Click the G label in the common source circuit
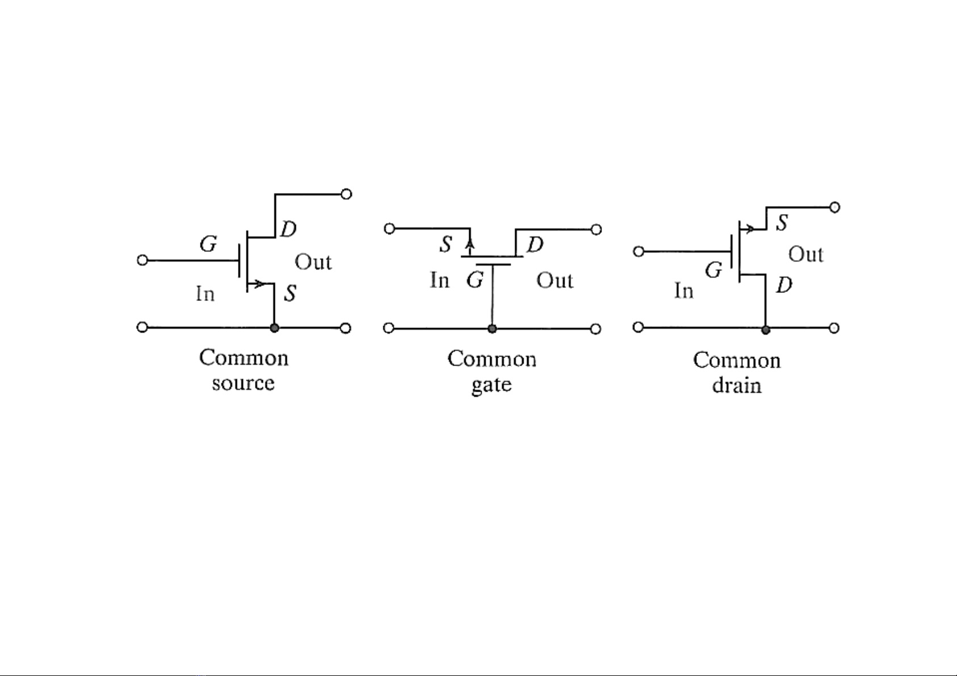click(x=208, y=244)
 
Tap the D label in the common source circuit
click(x=289, y=229)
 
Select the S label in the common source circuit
click(x=290, y=293)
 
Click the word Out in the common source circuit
click(x=313, y=262)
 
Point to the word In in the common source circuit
click(x=205, y=293)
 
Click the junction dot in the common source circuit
click(x=274, y=328)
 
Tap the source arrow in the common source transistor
click(x=259, y=283)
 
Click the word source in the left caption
click(x=243, y=383)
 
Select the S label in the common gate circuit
click(x=446, y=245)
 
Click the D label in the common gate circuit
click(x=535, y=245)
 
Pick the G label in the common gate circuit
click(x=475, y=280)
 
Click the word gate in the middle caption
click(x=492, y=385)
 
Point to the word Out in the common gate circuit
click(x=555, y=280)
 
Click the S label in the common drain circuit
click(x=782, y=223)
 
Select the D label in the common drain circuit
click(x=784, y=285)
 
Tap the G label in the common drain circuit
click(x=713, y=270)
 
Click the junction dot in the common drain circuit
click(x=766, y=330)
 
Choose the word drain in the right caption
click(x=737, y=385)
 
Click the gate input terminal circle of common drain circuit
click(x=638, y=251)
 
